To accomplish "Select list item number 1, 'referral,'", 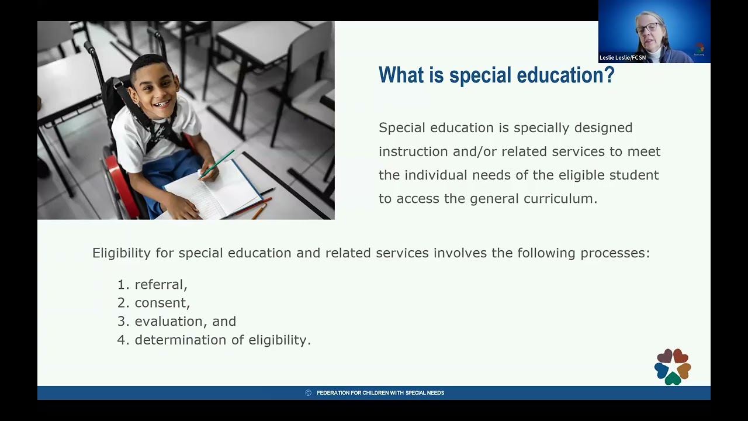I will coord(161,285).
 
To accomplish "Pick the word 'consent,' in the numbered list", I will coord(162,303).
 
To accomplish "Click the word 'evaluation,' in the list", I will coord(169,322).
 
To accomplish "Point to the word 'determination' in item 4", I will coord(177,340).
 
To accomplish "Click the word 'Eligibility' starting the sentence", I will coord(121,253).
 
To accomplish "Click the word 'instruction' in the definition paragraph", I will coord(413,151).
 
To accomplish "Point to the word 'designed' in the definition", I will coord(595,127).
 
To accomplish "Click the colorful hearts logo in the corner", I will coord(673,367).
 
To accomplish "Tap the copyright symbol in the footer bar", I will coord(309,393).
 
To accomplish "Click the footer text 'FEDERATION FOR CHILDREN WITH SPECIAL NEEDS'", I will coord(380,393).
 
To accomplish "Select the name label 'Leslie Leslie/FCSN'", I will coord(623,58).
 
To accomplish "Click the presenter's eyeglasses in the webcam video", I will coord(647,27).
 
